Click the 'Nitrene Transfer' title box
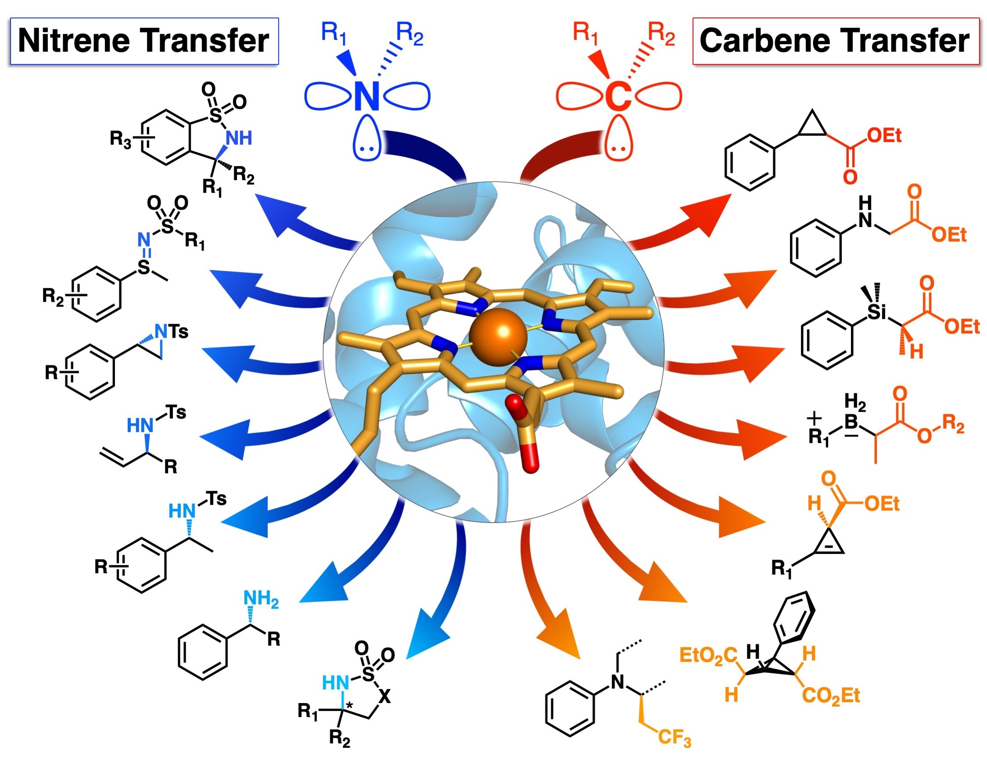[144, 41]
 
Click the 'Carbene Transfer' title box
[835, 41]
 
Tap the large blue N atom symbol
[366, 96]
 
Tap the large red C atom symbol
[618, 96]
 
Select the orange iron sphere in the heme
[498, 336]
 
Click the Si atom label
[877, 311]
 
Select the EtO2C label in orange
[708, 655]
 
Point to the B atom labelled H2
[851, 422]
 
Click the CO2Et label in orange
[831, 696]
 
